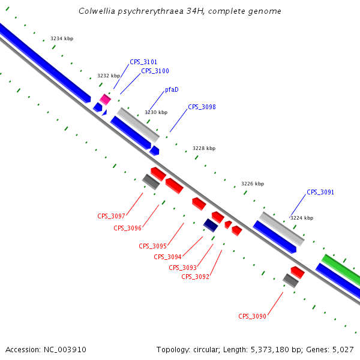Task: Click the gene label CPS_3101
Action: pyautogui.click(x=143, y=62)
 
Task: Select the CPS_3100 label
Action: pyautogui.click(x=155, y=71)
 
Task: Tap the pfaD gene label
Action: pyautogui.click(x=172, y=89)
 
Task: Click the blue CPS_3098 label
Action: pyautogui.click(x=202, y=107)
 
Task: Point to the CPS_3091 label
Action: pyautogui.click(x=320, y=192)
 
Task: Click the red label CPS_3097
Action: pyautogui.click(x=112, y=216)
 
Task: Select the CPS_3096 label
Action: pyautogui.click(x=127, y=228)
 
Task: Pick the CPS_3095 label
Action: pyautogui.click(x=152, y=246)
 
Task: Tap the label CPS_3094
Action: pyautogui.click(x=167, y=257)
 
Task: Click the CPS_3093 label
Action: pyautogui.click(x=182, y=268)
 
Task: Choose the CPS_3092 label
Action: pyautogui.click(x=195, y=277)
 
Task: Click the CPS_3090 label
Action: pyautogui.click(x=252, y=316)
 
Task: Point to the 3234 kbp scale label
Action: pyautogui.click(x=62, y=38)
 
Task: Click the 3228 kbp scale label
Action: pyautogui.click(x=204, y=148)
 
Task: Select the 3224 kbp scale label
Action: pyautogui.click(x=302, y=218)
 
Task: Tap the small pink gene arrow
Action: pyautogui.click(x=106, y=99)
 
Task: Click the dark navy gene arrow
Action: pyautogui.click(x=211, y=225)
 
